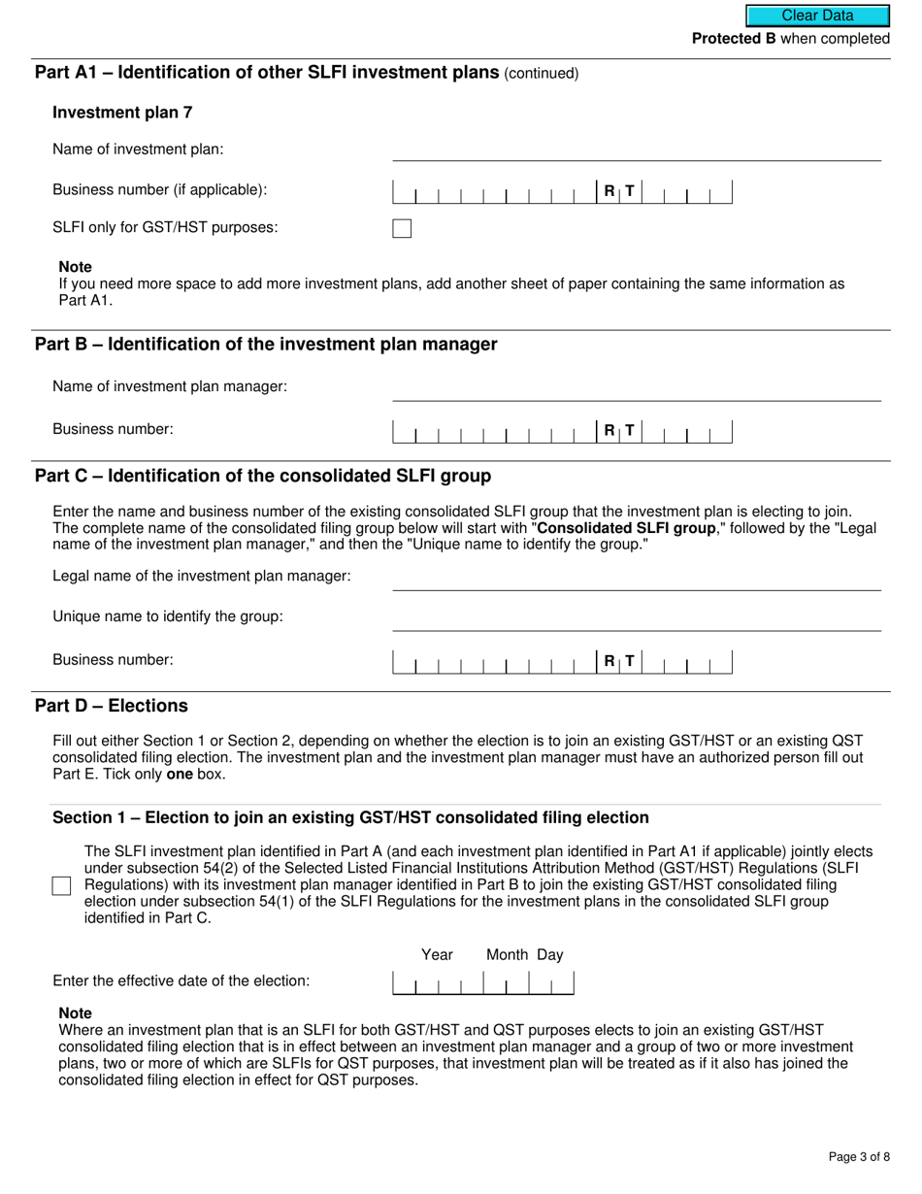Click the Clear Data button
[x=817, y=16]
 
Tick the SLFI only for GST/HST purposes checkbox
[x=402, y=229]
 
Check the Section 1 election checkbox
[x=62, y=885]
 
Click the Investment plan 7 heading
[x=122, y=113]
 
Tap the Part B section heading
[x=266, y=345]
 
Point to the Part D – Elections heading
[x=112, y=706]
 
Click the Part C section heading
[x=263, y=476]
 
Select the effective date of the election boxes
[x=482, y=982]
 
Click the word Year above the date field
[x=437, y=955]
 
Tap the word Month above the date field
[x=507, y=955]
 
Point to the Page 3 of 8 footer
[x=859, y=1156]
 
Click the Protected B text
[x=733, y=39]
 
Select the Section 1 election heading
[x=350, y=818]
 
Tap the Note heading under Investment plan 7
[x=76, y=267]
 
